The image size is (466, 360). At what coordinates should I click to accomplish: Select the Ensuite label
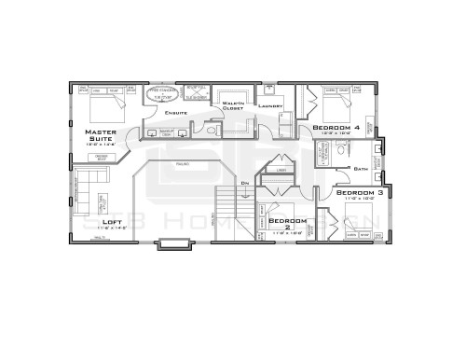[x=176, y=113]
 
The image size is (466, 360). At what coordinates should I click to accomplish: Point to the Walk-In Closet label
[x=232, y=105]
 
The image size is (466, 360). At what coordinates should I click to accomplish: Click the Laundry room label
[x=271, y=106]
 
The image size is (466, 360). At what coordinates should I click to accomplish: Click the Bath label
[x=361, y=169]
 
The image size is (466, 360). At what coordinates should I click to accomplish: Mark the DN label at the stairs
[x=244, y=183]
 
